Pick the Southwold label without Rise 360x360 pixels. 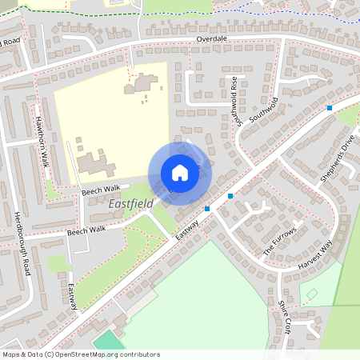263,110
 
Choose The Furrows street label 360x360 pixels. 280,241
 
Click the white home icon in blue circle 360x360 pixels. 180,173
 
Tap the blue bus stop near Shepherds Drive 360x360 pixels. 330,107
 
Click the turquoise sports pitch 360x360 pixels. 106,342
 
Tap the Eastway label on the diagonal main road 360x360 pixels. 186,230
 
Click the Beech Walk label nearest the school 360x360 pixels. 100,189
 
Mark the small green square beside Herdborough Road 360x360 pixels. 56,263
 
